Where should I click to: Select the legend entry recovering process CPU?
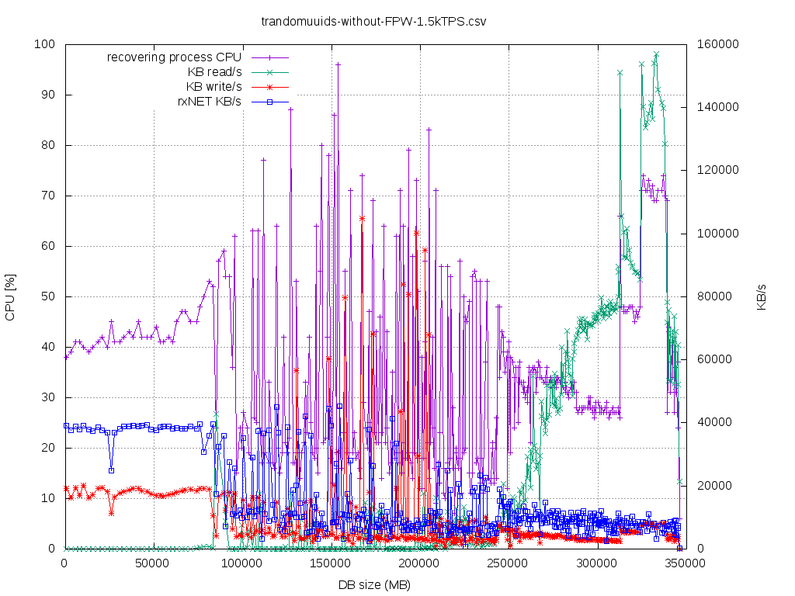174,57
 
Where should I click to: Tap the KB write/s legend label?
214,86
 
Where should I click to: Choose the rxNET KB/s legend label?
210,101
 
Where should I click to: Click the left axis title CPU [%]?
10,296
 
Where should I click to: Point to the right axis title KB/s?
762,296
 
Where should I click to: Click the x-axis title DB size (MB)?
374,584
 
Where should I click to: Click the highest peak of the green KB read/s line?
656,54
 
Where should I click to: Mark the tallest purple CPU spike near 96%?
338,65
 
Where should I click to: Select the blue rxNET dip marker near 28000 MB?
111,470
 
